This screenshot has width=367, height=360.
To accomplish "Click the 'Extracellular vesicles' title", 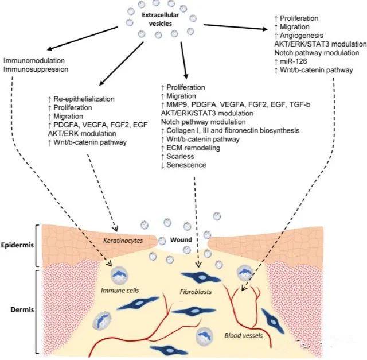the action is pos(161,19).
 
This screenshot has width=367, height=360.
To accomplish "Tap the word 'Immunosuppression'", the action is pos(36,69).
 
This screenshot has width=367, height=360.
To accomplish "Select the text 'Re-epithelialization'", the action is pos(84,99).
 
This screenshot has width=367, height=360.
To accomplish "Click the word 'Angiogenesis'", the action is pos(302,36).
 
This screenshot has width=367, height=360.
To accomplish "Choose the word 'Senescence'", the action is pos(186,165).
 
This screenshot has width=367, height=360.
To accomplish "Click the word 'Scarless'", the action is pos(180,156).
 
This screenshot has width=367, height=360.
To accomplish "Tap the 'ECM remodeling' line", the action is pos(193,148).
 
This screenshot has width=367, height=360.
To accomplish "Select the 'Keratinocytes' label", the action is pos(123,241).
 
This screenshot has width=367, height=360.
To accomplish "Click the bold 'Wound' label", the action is pos(181,240).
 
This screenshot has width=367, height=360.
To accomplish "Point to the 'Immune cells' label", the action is pos(120,291).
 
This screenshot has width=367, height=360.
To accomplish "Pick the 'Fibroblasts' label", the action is pos(196,292).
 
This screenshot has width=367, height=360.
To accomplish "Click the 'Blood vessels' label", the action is pos(243,335).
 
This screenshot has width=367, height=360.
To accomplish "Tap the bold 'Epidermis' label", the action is pos(17,245).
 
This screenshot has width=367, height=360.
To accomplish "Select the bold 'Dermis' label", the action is pos(22,309).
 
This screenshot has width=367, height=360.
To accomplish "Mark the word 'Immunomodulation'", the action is pos(34,60).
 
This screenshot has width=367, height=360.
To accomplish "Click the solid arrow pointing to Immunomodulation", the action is pos(82,38).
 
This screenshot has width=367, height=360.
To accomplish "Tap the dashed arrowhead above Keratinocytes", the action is pos(115,229).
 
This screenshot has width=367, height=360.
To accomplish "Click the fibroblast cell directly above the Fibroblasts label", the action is pos(201,277).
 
